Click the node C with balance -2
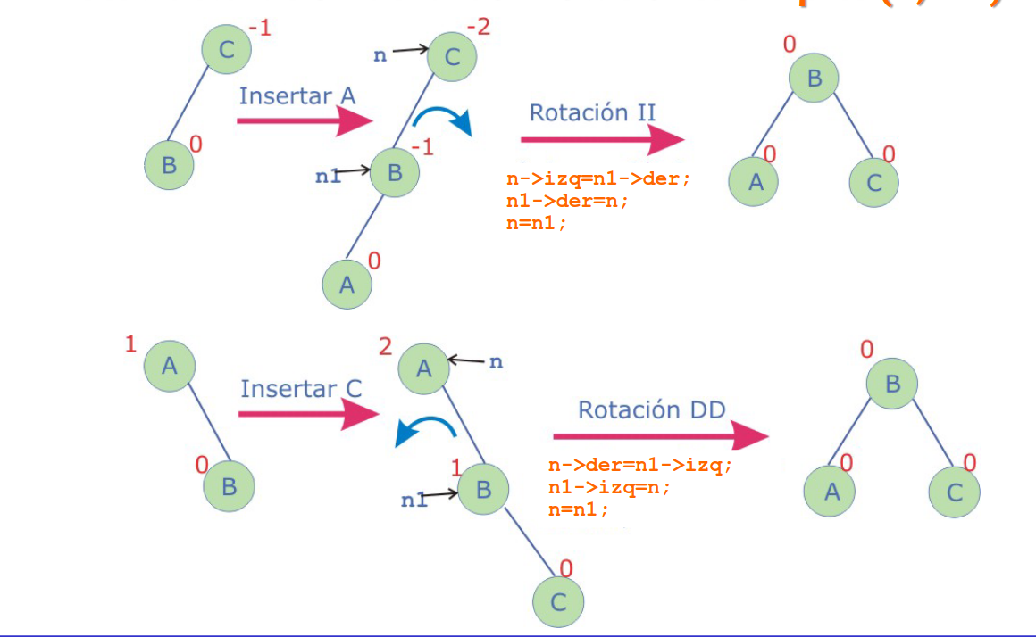[x=452, y=58]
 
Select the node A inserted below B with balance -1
[x=347, y=284]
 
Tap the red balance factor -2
[x=479, y=27]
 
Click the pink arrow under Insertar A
[x=305, y=121]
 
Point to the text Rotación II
[x=592, y=112]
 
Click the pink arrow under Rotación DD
[x=660, y=436]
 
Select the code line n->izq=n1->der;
[x=598, y=178]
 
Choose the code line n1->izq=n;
[x=609, y=487]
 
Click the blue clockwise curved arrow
[x=447, y=121]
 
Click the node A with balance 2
[x=423, y=368]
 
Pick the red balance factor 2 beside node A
[x=386, y=346]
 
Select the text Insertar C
[x=301, y=389]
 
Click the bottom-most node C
[x=558, y=602]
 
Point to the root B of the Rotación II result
[x=814, y=79]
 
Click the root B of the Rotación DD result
[x=890, y=385]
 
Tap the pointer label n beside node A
[x=497, y=362]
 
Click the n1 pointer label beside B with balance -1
[x=329, y=176]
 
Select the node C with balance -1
[x=227, y=48]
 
